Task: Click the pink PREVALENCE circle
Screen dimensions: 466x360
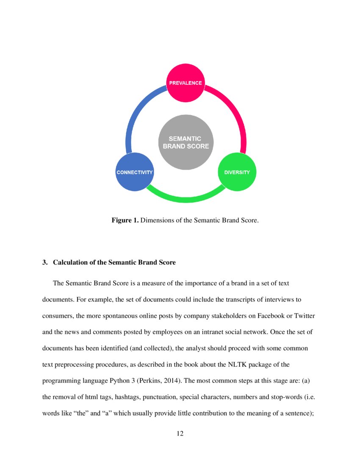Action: point(185,83)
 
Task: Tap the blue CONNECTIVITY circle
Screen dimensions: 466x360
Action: point(134,172)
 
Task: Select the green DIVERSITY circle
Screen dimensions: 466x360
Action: point(237,172)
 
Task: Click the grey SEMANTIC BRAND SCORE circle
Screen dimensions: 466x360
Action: point(186,142)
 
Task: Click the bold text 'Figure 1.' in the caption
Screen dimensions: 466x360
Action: point(125,221)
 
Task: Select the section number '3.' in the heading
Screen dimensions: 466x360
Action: point(45,263)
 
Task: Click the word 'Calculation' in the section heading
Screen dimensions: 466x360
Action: point(70,263)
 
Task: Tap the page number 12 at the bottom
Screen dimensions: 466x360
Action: point(180,433)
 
